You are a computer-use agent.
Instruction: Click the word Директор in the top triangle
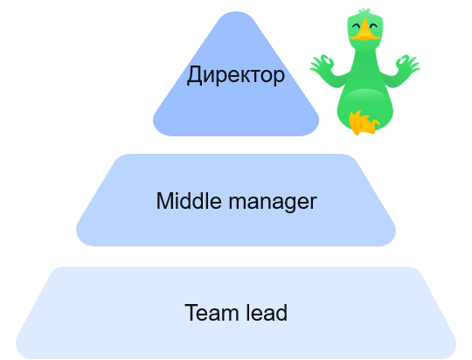pyautogui.click(x=236, y=75)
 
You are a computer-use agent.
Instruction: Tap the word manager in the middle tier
pyautogui.click(x=273, y=203)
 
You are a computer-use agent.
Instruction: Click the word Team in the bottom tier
pyautogui.click(x=212, y=313)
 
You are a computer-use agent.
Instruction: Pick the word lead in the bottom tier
pyautogui.click(x=267, y=313)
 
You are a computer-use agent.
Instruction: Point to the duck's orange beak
pyautogui.click(x=364, y=30)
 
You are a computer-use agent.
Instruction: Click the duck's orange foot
pyautogui.click(x=364, y=122)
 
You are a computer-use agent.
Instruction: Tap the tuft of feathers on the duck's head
pyautogui.click(x=364, y=12)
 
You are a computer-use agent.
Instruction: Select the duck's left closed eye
pyautogui.click(x=356, y=26)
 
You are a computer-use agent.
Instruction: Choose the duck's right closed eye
pyautogui.click(x=373, y=26)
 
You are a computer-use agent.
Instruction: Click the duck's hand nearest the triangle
pyautogui.click(x=322, y=64)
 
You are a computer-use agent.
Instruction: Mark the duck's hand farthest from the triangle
pyautogui.click(x=407, y=64)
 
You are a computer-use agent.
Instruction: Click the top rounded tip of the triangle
pyautogui.click(x=236, y=13)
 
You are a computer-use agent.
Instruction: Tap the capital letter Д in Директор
pyautogui.click(x=193, y=75)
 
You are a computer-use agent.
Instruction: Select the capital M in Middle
pyautogui.click(x=164, y=201)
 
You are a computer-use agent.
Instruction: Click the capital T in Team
pyautogui.click(x=191, y=313)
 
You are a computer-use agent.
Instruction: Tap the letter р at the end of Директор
pyautogui.click(x=279, y=78)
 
